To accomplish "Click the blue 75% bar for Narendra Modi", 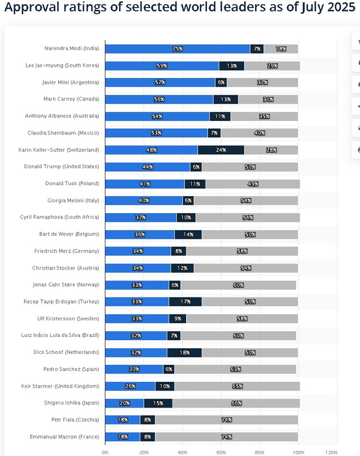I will click(177, 49).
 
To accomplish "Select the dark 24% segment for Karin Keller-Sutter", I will click(221, 150).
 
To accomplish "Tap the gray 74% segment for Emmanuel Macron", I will click(226, 437).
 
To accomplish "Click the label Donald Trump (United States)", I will click(62, 166).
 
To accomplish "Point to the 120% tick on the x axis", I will click(337, 451).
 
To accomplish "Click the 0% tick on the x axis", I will click(105, 451).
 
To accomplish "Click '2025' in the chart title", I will click(338, 8).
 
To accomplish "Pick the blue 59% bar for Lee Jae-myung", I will click(162, 66).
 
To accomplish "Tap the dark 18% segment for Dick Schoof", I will click(185, 352).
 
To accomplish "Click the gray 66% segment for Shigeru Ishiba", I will click(236, 403).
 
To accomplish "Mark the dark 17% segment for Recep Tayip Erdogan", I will click(185, 302).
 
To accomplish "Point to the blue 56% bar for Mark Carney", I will click(159, 99).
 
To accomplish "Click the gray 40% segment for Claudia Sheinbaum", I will click(259, 133).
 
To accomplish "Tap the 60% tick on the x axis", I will click(221, 451).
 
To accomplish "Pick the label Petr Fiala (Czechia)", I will click(72, 420).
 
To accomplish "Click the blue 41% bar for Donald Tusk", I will click(145, 184).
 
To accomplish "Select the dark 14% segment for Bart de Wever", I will click(188, 234).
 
